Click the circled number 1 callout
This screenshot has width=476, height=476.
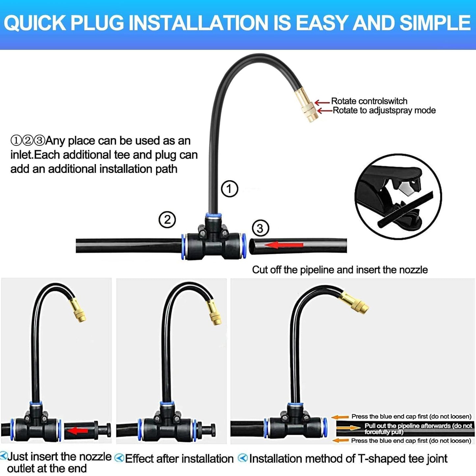229,189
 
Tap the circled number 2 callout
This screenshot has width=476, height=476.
167,220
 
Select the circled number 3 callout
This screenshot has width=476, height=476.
260,228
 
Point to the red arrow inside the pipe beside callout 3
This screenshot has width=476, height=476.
284,245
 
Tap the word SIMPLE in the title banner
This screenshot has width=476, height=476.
435,23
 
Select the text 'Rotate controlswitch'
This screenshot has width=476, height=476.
369,101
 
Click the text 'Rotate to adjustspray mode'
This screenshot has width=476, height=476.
384,110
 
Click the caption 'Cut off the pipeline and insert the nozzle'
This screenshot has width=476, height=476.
340,270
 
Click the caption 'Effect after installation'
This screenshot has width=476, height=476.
179,459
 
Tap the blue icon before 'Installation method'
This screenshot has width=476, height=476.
243,458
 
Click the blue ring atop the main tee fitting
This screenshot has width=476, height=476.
213,216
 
